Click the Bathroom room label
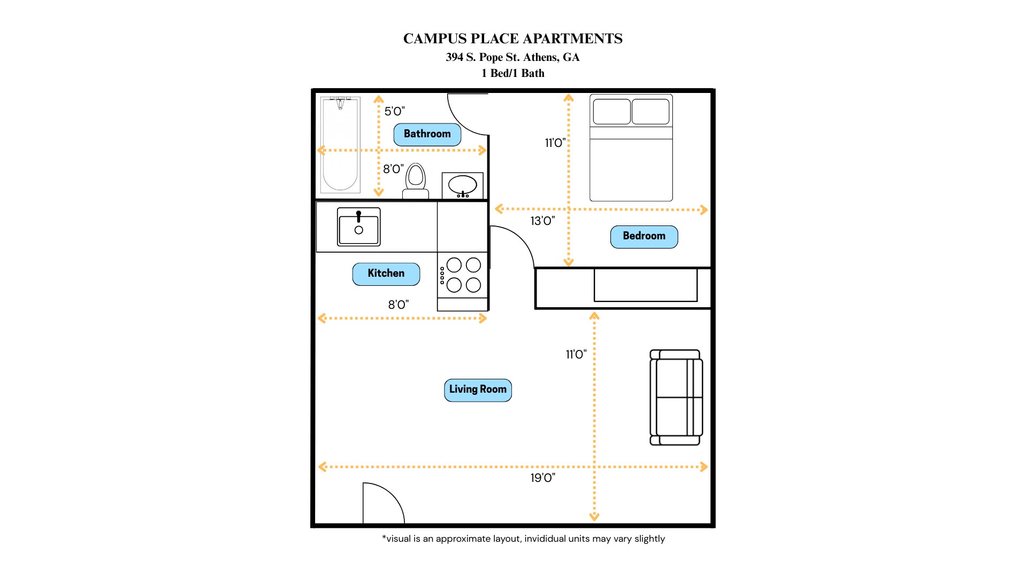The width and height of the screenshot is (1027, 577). tap(427, 134)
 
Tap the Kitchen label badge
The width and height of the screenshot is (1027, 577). tap(386, 274)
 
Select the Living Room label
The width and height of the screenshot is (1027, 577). tap(478, 390)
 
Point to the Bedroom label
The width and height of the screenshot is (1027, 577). tap(644, 237)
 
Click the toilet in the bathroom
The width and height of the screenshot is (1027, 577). tap(416, 182)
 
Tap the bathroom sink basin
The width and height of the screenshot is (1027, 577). tap(463, 185)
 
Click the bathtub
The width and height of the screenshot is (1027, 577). tap(340, 145)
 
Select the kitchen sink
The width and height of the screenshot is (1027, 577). tap(359, 227)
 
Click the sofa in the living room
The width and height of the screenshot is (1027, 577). tap(676, 397)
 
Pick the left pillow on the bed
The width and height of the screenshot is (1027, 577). tap(611, 112)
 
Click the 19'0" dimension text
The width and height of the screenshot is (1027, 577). tap(543, 478)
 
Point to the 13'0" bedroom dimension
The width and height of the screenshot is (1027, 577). tap(542, 221)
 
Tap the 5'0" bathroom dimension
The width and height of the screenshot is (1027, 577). tap(395, 111)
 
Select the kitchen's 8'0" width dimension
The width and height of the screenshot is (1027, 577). tap(398, 305)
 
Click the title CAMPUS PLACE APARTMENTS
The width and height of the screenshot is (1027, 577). tap(513, 39)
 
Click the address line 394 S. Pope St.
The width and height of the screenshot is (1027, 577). tap(513, 57)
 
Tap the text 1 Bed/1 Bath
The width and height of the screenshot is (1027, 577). tap(513, 73)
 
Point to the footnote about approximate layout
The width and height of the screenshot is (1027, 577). tap(523, 539)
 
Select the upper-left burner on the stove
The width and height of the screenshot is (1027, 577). tap(454, 265)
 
